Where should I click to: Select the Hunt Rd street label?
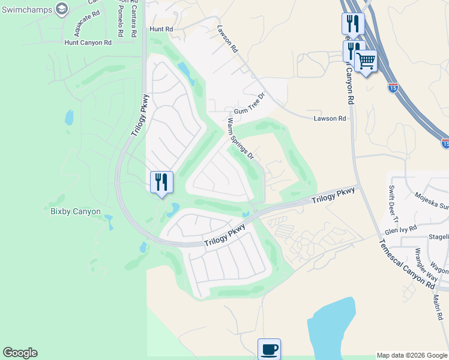pos(161,29)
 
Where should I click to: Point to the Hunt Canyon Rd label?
pos(88,43)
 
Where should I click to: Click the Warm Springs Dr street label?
pos(241,139)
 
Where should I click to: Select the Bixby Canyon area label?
pos(75,211)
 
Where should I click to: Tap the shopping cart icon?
pos(366,61)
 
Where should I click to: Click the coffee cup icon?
pos(269,349)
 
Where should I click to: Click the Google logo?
pos(20,353)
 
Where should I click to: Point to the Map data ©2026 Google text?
pos(412,355)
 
